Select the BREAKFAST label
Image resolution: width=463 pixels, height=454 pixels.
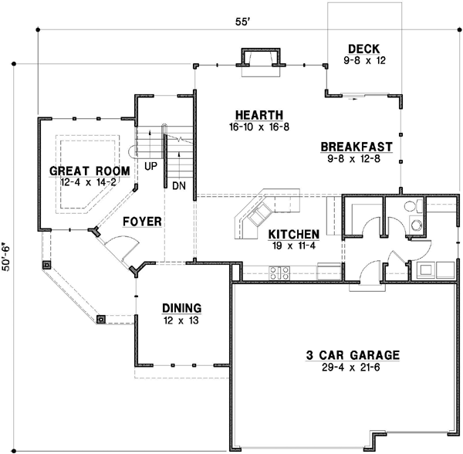pos(357,147)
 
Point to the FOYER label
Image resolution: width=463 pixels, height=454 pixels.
pos(142,222)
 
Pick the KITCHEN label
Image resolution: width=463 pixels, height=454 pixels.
pos(294,234)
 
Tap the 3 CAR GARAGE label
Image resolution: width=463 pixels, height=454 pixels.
pos(351,355)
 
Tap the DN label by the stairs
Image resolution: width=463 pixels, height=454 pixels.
pos(179,186)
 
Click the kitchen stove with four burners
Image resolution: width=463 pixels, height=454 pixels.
pos(279,272)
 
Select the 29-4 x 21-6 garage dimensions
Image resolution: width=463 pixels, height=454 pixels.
pos(351,368)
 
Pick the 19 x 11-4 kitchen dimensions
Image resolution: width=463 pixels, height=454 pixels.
pos(294,246)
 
